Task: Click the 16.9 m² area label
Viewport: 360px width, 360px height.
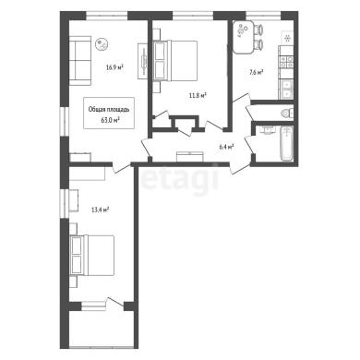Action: click(x=115, y=67)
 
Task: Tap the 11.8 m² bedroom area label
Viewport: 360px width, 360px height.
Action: click(x=198, y=96)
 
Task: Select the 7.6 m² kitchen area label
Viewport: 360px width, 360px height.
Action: click(x=257, y=73)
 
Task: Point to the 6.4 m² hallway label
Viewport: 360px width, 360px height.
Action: click(x=226, y=147)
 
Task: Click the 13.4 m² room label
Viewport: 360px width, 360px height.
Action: click(x=101, y=210)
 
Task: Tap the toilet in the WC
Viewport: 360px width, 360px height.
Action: click(x=286, y=113)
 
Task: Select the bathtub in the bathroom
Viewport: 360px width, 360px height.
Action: click(x=287, y=143)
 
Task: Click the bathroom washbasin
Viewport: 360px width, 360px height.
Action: click(x=267, y=130)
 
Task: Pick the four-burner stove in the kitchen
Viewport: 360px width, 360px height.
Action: click(x=286, y=62)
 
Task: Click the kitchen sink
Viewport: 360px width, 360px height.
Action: click(x=286, y=89)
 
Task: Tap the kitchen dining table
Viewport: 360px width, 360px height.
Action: click(x=244, y=37)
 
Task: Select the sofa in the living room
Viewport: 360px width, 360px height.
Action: click(x=80, y=61)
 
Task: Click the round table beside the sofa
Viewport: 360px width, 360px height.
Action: click(x=102, y=44)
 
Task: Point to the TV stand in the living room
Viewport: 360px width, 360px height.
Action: click(x=143, y=62)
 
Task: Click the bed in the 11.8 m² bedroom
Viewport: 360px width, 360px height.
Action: click(x=174, y=61)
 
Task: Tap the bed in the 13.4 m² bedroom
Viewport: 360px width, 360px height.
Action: click(x=92, y=256)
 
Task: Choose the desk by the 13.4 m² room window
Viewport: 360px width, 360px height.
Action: click(x=74, y=200)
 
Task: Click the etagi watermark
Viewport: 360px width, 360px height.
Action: click(x=180, y=178)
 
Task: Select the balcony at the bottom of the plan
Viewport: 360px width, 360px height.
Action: click(x=102, y=330)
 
